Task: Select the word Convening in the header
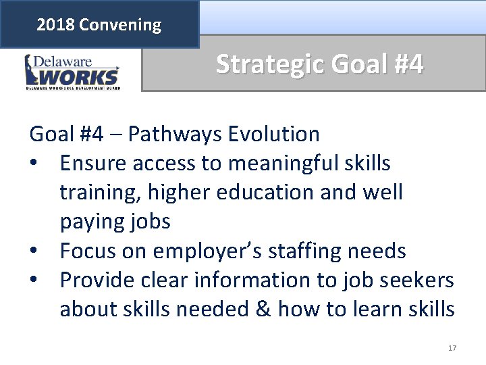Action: [120, 26]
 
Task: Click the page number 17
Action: [452, 348]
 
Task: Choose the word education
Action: [261, 192]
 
